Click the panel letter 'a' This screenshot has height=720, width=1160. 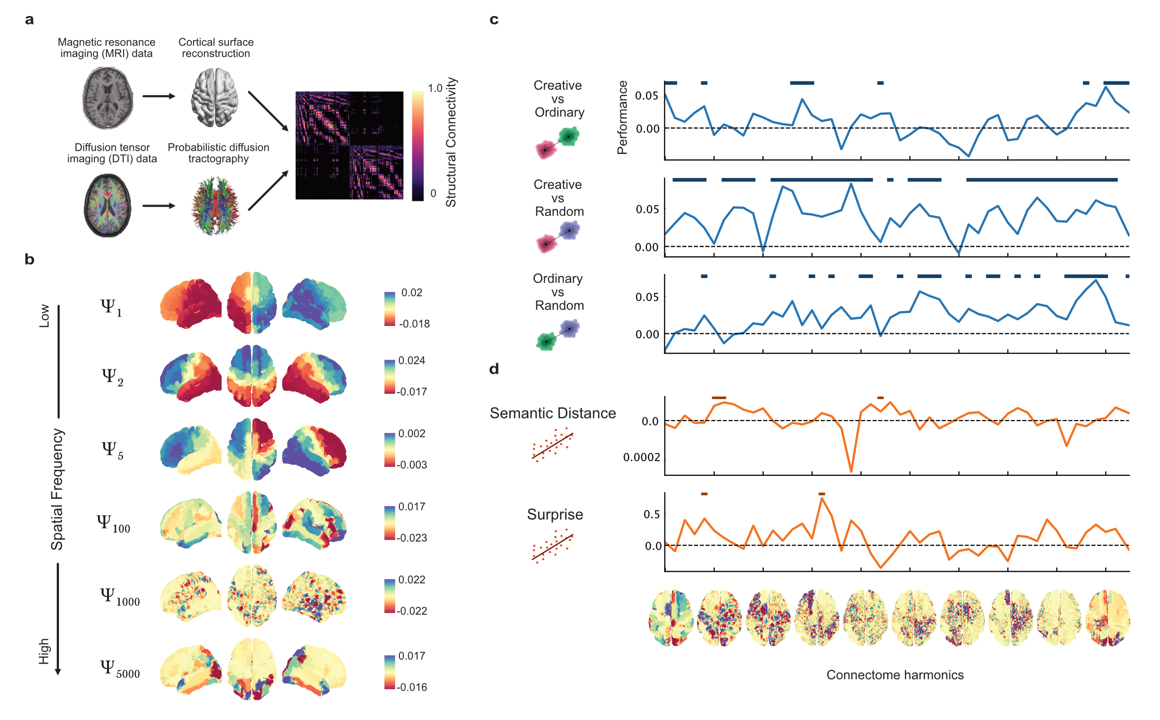click(x=29, y=20)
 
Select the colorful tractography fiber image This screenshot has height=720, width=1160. click(x=215, y=206)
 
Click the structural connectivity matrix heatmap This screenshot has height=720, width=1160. click(x=349, y=146)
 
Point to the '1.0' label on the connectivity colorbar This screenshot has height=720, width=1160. click(x=435, y=88)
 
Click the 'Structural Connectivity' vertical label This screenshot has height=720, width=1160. click(x=451, y=142)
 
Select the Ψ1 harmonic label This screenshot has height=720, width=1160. click(x=111, y=308)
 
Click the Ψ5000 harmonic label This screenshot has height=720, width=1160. click(x=120, y=669)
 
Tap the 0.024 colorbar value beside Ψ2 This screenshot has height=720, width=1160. click(x=411, y=361)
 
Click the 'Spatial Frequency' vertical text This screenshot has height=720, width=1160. click(x=57, y=489)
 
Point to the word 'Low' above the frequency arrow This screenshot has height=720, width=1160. click(x=45, y=316)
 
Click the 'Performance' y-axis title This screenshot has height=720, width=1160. click(x=622, y=117)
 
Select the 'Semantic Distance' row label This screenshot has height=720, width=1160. click(x=553, y=413)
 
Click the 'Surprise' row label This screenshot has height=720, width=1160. click(x=555, y=514)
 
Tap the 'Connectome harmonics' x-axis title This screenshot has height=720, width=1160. click(x=895, y=675)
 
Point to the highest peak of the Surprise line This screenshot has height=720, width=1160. click(x=822, y=499)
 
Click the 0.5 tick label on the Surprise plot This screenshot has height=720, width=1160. click(x=652, y=514)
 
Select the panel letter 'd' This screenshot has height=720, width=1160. click(x=494, y=369)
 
